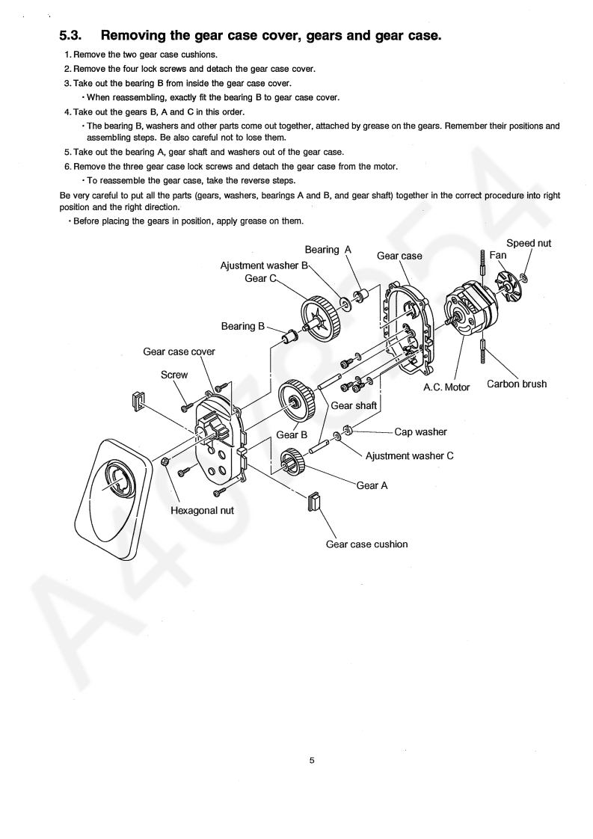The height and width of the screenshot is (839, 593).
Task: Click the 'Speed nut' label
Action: [529, 243]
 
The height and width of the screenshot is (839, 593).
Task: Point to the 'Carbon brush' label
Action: [517, 384]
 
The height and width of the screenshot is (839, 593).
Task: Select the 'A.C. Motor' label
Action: [446, 387]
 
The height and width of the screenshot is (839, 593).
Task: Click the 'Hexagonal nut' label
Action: [202, 510]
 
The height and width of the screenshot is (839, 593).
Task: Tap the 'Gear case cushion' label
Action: [366, 544]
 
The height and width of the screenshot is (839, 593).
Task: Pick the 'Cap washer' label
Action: [420, 431]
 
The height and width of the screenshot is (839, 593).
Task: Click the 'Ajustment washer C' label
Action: [409, 455]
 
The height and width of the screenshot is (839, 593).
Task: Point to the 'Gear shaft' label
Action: [353, 405]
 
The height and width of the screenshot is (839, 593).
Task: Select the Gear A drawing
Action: [292, 463]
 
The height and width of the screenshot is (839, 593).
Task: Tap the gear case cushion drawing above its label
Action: [313, 502]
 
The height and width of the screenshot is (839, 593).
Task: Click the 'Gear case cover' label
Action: [179, 352]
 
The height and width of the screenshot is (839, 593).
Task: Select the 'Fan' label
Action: [498, 255]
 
